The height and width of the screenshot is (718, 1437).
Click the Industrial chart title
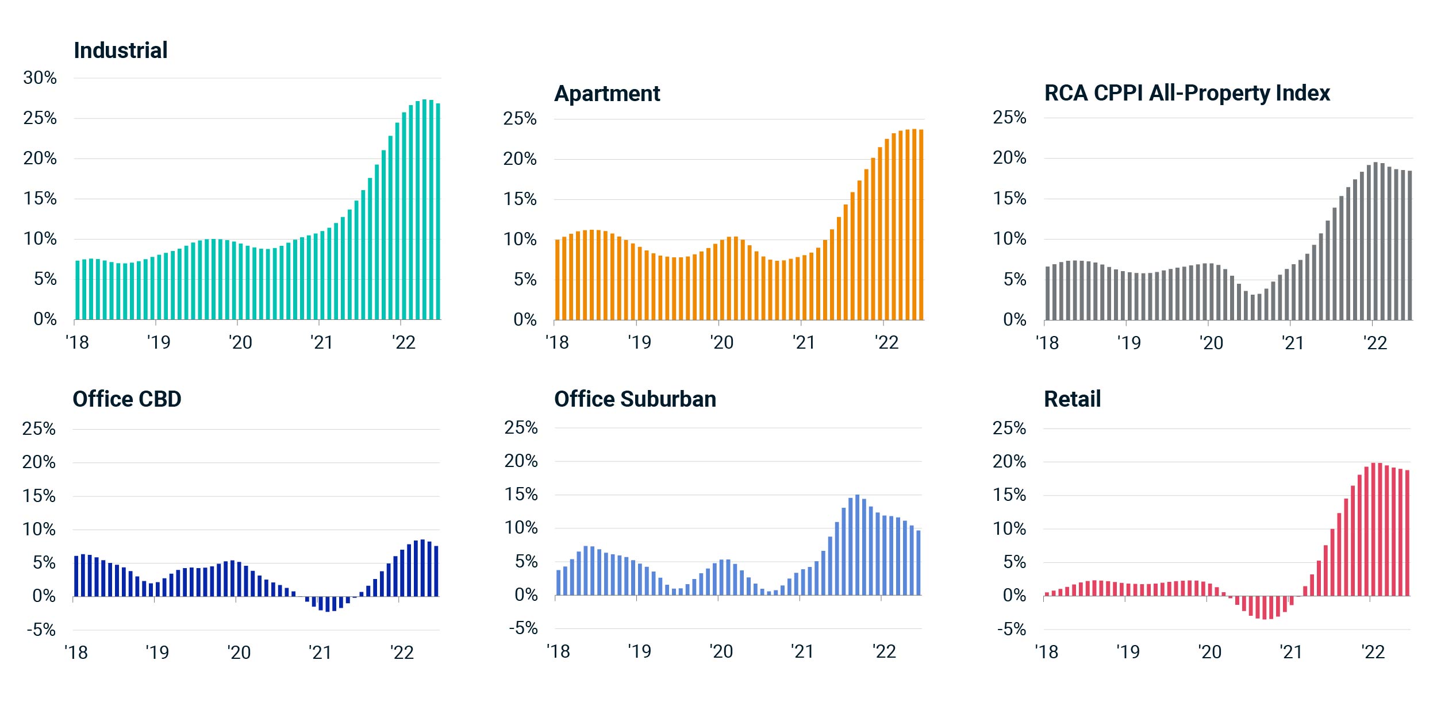(121, 51)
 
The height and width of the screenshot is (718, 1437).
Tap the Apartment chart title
(607, 94)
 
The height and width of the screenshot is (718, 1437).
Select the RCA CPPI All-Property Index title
(1187, 93)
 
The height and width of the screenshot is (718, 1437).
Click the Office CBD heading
(127, 399)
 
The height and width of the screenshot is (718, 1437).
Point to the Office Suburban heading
(635, 399)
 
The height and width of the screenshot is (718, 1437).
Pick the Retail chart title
(1072, 399)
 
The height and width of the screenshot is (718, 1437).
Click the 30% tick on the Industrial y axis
(40, 78)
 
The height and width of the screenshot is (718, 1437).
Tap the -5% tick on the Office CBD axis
(41, 630)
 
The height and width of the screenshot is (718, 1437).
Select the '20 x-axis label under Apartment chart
(721, 342)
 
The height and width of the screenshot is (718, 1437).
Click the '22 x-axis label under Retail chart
(1373, 652)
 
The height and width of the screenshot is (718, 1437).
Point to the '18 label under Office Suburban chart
(558, 651)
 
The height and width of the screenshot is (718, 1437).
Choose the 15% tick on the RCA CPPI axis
(1009, 199)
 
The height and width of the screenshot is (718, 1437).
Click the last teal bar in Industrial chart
(438, 211)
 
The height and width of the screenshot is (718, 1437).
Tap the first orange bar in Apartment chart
(557, 280)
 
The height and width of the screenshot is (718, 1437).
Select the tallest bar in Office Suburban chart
(857, 545)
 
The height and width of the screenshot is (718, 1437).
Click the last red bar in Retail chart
(1407, 533)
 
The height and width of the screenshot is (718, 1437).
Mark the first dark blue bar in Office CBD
(76, 576)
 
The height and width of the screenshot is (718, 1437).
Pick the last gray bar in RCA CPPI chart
(1409, 245)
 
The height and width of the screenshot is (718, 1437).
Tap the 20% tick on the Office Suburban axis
(521, 461)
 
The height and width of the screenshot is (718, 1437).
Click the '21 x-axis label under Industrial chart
(322, 342)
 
